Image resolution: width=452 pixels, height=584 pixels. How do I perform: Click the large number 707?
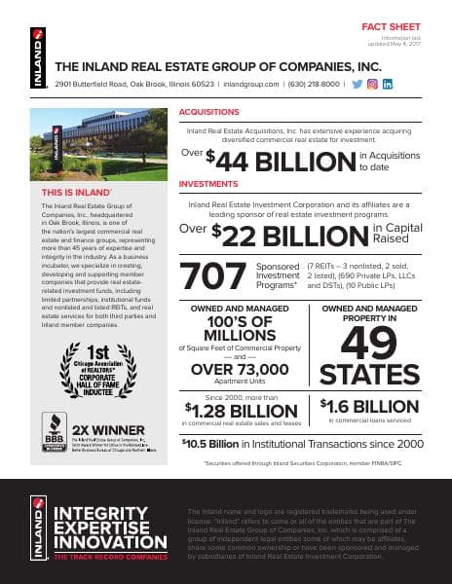213,275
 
